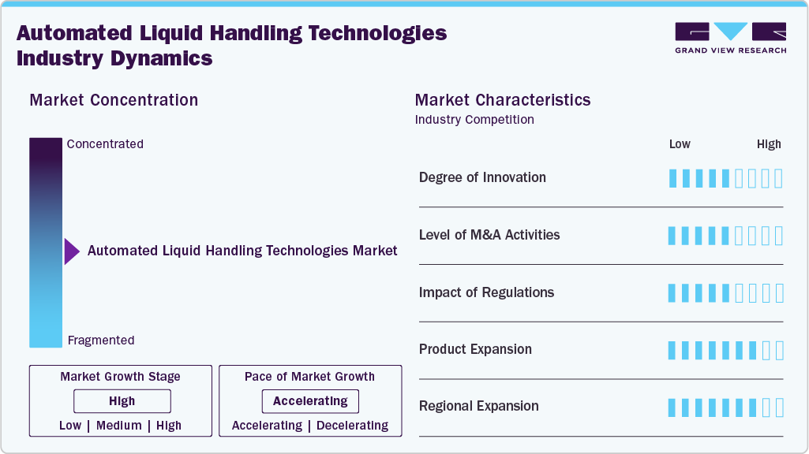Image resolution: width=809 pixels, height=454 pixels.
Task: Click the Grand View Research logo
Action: [x=730, y=38]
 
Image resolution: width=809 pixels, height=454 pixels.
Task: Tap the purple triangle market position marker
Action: [x=71, y=251]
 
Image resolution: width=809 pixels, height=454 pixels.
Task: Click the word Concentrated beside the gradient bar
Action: [x=105, y=144]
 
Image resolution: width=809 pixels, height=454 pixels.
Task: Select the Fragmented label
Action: [x=101, y=340]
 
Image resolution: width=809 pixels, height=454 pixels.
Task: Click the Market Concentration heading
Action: [x=114, y=100]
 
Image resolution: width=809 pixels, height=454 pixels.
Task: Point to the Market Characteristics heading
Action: [x=503, y=100]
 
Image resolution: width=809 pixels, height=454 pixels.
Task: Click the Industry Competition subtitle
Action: [x=474, y=120]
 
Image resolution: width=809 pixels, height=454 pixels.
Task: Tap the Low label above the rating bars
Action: [x=680, y=144]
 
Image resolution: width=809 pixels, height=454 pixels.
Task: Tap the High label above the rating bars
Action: [x=769, y=144]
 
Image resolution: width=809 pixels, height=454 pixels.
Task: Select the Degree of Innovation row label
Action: [x=482, y=177]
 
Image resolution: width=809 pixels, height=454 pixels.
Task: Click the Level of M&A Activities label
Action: [x=489, y=235]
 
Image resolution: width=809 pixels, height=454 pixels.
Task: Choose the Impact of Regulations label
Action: [x=486, y=292]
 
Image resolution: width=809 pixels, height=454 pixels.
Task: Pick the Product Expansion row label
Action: [x=475, y=349]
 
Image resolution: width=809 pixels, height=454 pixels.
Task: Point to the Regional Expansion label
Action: [x=479, y=406]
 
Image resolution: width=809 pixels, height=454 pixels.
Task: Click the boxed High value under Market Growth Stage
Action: [x=122, y=401]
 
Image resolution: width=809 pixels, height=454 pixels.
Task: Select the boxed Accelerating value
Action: [x=310, y=401]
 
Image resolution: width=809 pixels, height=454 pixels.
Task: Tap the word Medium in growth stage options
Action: [x=119, y=426]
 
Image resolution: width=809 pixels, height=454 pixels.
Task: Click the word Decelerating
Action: [x=352, y=426]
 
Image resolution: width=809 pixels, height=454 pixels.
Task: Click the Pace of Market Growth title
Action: [x=309, y=377]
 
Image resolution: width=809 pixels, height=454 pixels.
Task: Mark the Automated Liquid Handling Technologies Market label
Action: [x=242, y=251]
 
